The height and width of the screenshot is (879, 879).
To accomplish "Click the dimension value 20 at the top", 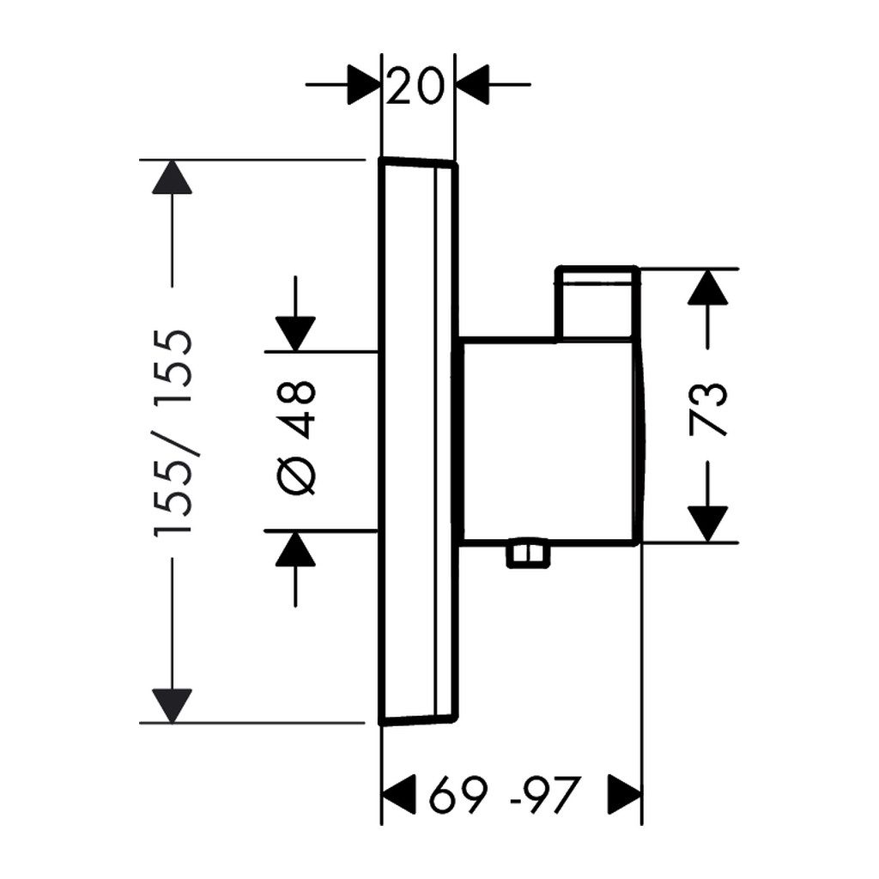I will click(x=415, y=86).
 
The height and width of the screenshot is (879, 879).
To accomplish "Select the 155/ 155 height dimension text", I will click(x=173, y=433).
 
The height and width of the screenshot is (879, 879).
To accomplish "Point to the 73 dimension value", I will click(x=709, y=408).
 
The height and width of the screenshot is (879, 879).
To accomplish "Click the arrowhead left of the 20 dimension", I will click(x=364, y=86).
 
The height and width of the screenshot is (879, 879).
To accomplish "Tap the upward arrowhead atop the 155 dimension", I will click(x=172, y=178).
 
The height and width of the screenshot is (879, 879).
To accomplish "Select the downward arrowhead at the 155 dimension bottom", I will click(x=172, y=706).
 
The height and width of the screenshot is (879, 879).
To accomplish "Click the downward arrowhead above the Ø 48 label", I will click(x=295, y=334).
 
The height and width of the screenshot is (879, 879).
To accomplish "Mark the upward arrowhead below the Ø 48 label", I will click(x=295, y=549).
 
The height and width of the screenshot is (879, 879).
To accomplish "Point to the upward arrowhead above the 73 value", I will click(x=708, y=287).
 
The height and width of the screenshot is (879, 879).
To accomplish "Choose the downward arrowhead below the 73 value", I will click(x=708, y=524).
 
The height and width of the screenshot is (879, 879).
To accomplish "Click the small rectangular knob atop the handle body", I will click(x=597, y=301).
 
